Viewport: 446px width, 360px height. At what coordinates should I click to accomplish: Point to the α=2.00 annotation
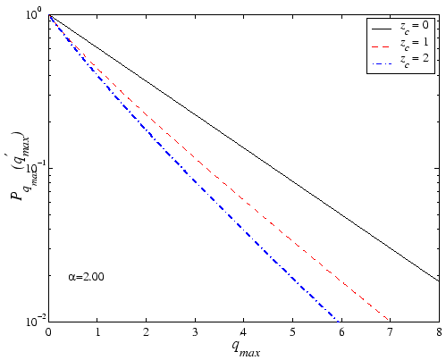click(87, 278)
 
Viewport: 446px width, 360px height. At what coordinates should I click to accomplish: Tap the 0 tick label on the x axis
click(48, 331)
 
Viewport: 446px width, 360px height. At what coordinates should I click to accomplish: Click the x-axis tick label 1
click(97, 331)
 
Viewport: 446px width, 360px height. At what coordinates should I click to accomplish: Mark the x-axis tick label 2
click(146, 331)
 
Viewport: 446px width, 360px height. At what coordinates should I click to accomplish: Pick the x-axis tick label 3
click(195, 331)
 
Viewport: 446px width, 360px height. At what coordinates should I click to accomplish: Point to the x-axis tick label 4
click(244, 331)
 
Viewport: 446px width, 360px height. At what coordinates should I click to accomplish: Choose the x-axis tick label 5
click(292, 331)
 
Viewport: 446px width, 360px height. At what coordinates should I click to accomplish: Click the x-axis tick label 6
click(341, 331)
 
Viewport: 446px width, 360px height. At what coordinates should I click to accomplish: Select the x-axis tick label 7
click(391, 331)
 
